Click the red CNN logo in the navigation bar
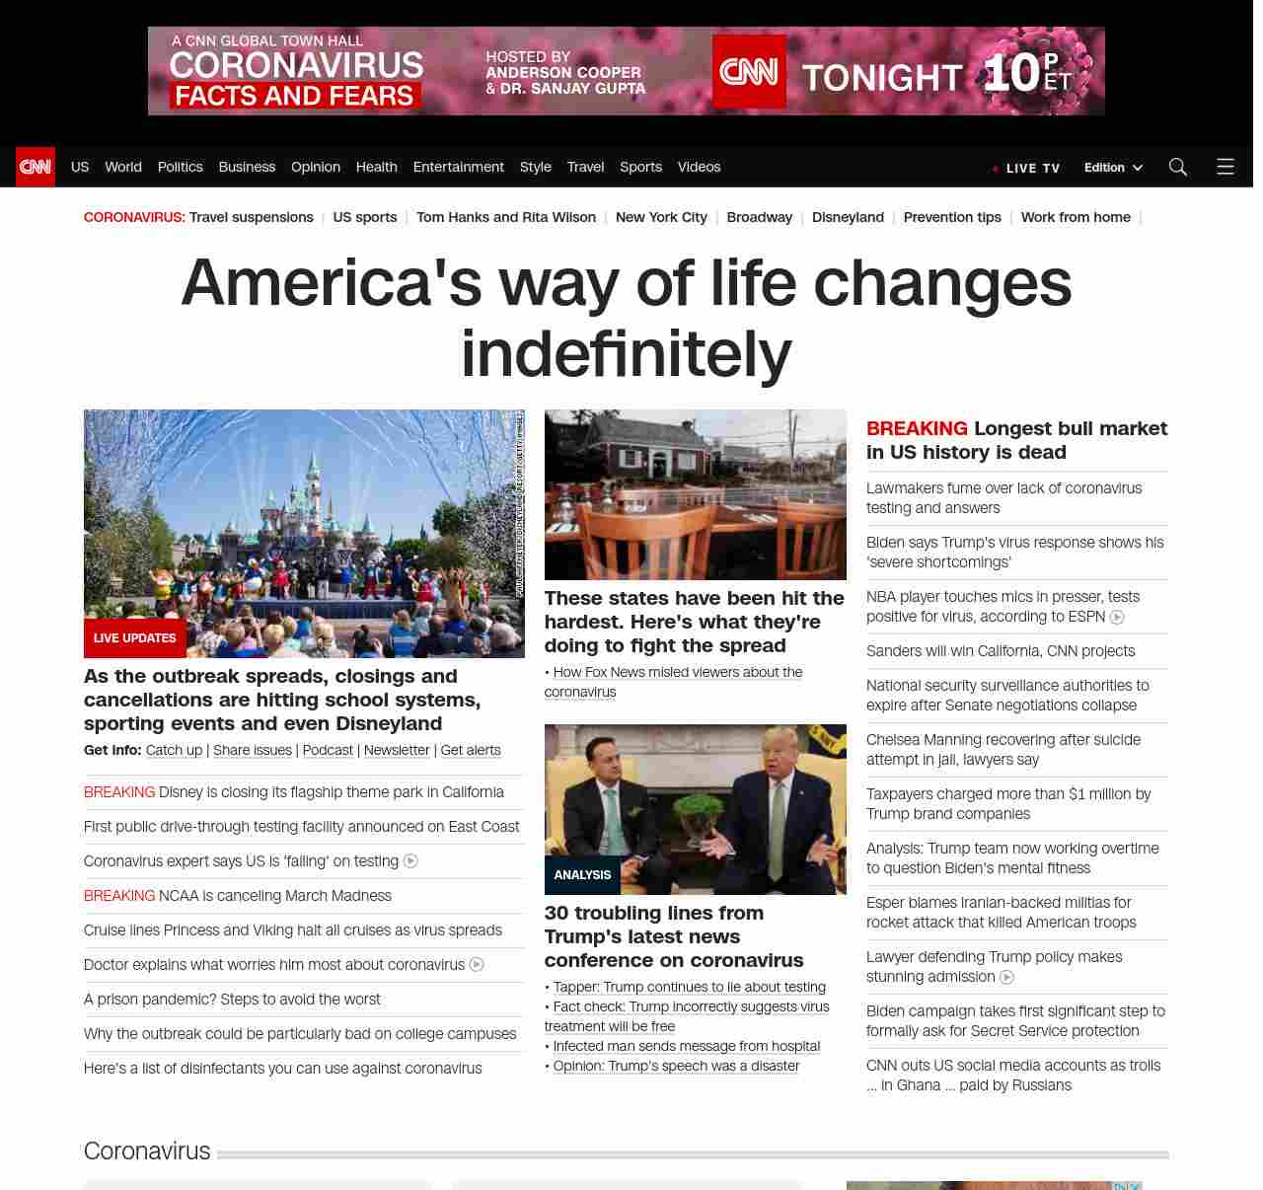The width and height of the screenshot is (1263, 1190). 36,167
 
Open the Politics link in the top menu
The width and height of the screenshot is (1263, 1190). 180,167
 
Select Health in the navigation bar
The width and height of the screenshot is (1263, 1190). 376,167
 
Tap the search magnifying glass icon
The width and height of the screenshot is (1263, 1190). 1177,167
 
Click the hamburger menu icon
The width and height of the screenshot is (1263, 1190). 1225,167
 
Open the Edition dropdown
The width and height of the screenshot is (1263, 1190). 1112,168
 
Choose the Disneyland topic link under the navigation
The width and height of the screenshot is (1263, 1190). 848,217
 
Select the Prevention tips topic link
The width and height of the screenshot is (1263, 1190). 951,217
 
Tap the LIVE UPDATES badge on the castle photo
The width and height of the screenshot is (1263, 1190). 134,638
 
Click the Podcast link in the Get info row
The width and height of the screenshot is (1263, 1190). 328,750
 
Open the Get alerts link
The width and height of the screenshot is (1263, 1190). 470,750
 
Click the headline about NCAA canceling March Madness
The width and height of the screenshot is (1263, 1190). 274,896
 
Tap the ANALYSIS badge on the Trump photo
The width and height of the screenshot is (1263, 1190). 582,875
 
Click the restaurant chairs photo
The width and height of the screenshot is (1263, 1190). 695,494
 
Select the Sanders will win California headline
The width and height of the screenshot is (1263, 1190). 1000,651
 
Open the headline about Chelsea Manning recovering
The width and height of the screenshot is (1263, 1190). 1003,750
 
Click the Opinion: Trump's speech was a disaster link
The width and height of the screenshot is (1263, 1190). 676,1066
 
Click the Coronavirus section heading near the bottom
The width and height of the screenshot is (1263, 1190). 147,1152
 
